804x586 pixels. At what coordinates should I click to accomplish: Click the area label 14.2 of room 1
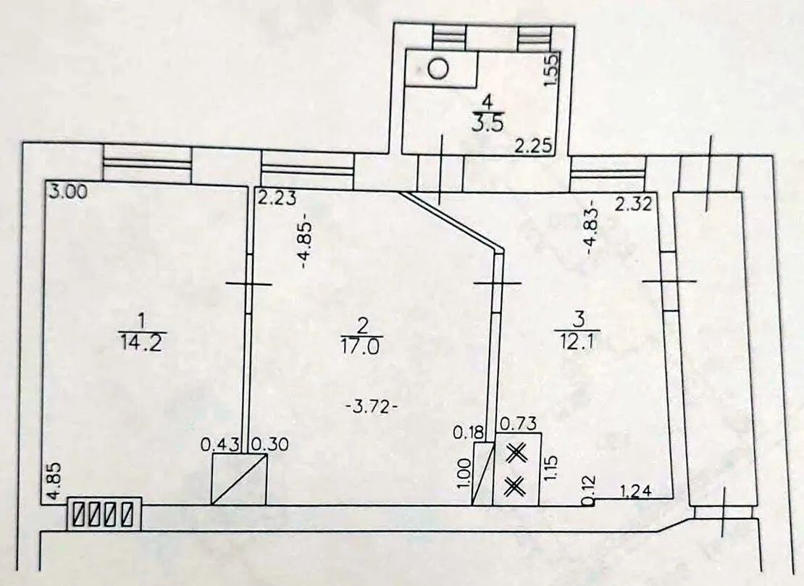[141, 343]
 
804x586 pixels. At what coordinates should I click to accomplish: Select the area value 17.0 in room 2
[361, 347]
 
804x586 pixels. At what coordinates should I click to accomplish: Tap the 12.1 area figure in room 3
[577, 340]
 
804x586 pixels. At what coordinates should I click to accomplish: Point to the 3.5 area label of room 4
[488, 125]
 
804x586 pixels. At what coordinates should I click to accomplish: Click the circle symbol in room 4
[438, 68]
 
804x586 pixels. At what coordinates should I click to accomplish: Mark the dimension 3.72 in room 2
[373, 408]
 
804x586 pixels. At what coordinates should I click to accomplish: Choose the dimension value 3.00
[67, 193]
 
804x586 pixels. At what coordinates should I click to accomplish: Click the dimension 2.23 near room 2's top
[277, 198]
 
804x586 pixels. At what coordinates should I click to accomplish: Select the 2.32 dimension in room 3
[634, 204]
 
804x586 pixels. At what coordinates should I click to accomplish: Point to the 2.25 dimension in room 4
[534, 147]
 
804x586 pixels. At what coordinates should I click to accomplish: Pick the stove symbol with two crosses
[517, 469]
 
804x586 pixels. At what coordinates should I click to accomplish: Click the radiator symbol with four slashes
[104, 514]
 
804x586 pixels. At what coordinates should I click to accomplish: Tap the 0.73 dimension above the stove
[518, 424]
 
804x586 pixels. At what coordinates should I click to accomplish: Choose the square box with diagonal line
[240, 479]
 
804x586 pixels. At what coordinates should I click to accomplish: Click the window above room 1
[147, 163]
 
